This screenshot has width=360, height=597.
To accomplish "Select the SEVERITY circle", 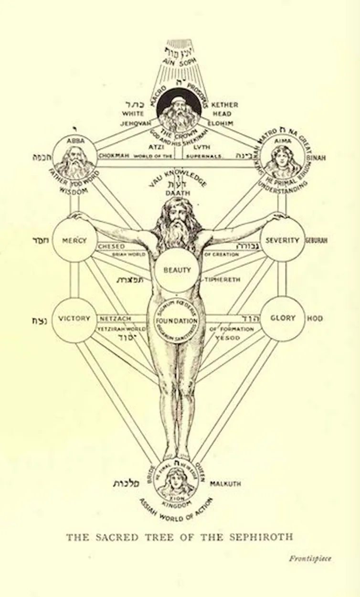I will click(283, 240).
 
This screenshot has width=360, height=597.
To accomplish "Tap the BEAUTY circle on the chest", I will click(177, 270).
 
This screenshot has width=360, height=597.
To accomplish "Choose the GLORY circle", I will click(283, 318).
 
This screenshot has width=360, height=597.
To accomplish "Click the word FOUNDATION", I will click(177, 321).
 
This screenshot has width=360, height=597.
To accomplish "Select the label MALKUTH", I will click(225, 483).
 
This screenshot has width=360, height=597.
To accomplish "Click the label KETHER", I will click(224, 105).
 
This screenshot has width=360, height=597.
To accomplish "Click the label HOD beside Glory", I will click(315, 318).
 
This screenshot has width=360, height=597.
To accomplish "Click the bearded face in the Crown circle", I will click(178, 111).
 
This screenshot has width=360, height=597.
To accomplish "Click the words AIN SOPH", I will click(177, 62).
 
